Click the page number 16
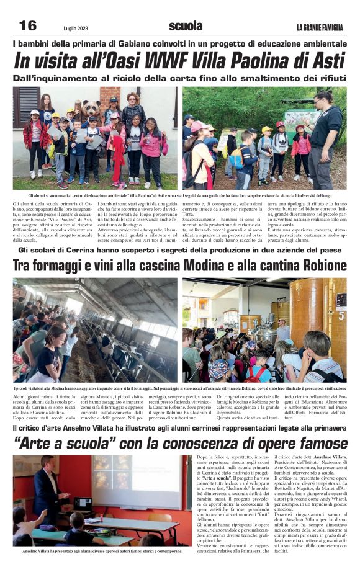(x=28, y=25)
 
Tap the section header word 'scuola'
(x=186, y=25)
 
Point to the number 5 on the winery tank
(x=341, y=315)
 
